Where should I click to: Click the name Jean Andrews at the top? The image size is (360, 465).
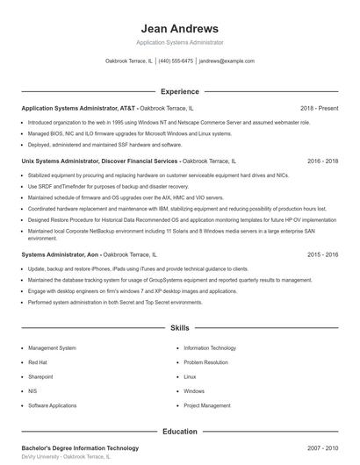[179, 28]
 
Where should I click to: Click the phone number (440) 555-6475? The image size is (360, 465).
[176, 61]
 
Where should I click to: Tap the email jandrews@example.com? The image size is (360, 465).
[227, 61]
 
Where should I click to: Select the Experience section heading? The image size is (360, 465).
[179, 91]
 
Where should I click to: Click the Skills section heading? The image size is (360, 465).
[179, 327]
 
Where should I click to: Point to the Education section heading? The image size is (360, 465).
[179, 432]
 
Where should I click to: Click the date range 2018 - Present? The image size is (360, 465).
[319, 108]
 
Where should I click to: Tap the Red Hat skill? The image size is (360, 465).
[38, 362]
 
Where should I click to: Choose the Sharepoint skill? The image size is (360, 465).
[40, 376]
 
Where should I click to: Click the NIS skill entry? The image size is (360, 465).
[32, 391]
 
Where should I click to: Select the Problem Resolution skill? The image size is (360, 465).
[205, 362]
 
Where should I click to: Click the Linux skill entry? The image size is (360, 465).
[190, 376]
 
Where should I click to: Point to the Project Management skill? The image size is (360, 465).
[206, 405]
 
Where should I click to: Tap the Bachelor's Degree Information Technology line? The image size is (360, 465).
[80, 448]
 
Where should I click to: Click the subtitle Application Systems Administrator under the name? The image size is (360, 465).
[179, 42]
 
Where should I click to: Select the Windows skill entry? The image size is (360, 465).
[194, 391]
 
